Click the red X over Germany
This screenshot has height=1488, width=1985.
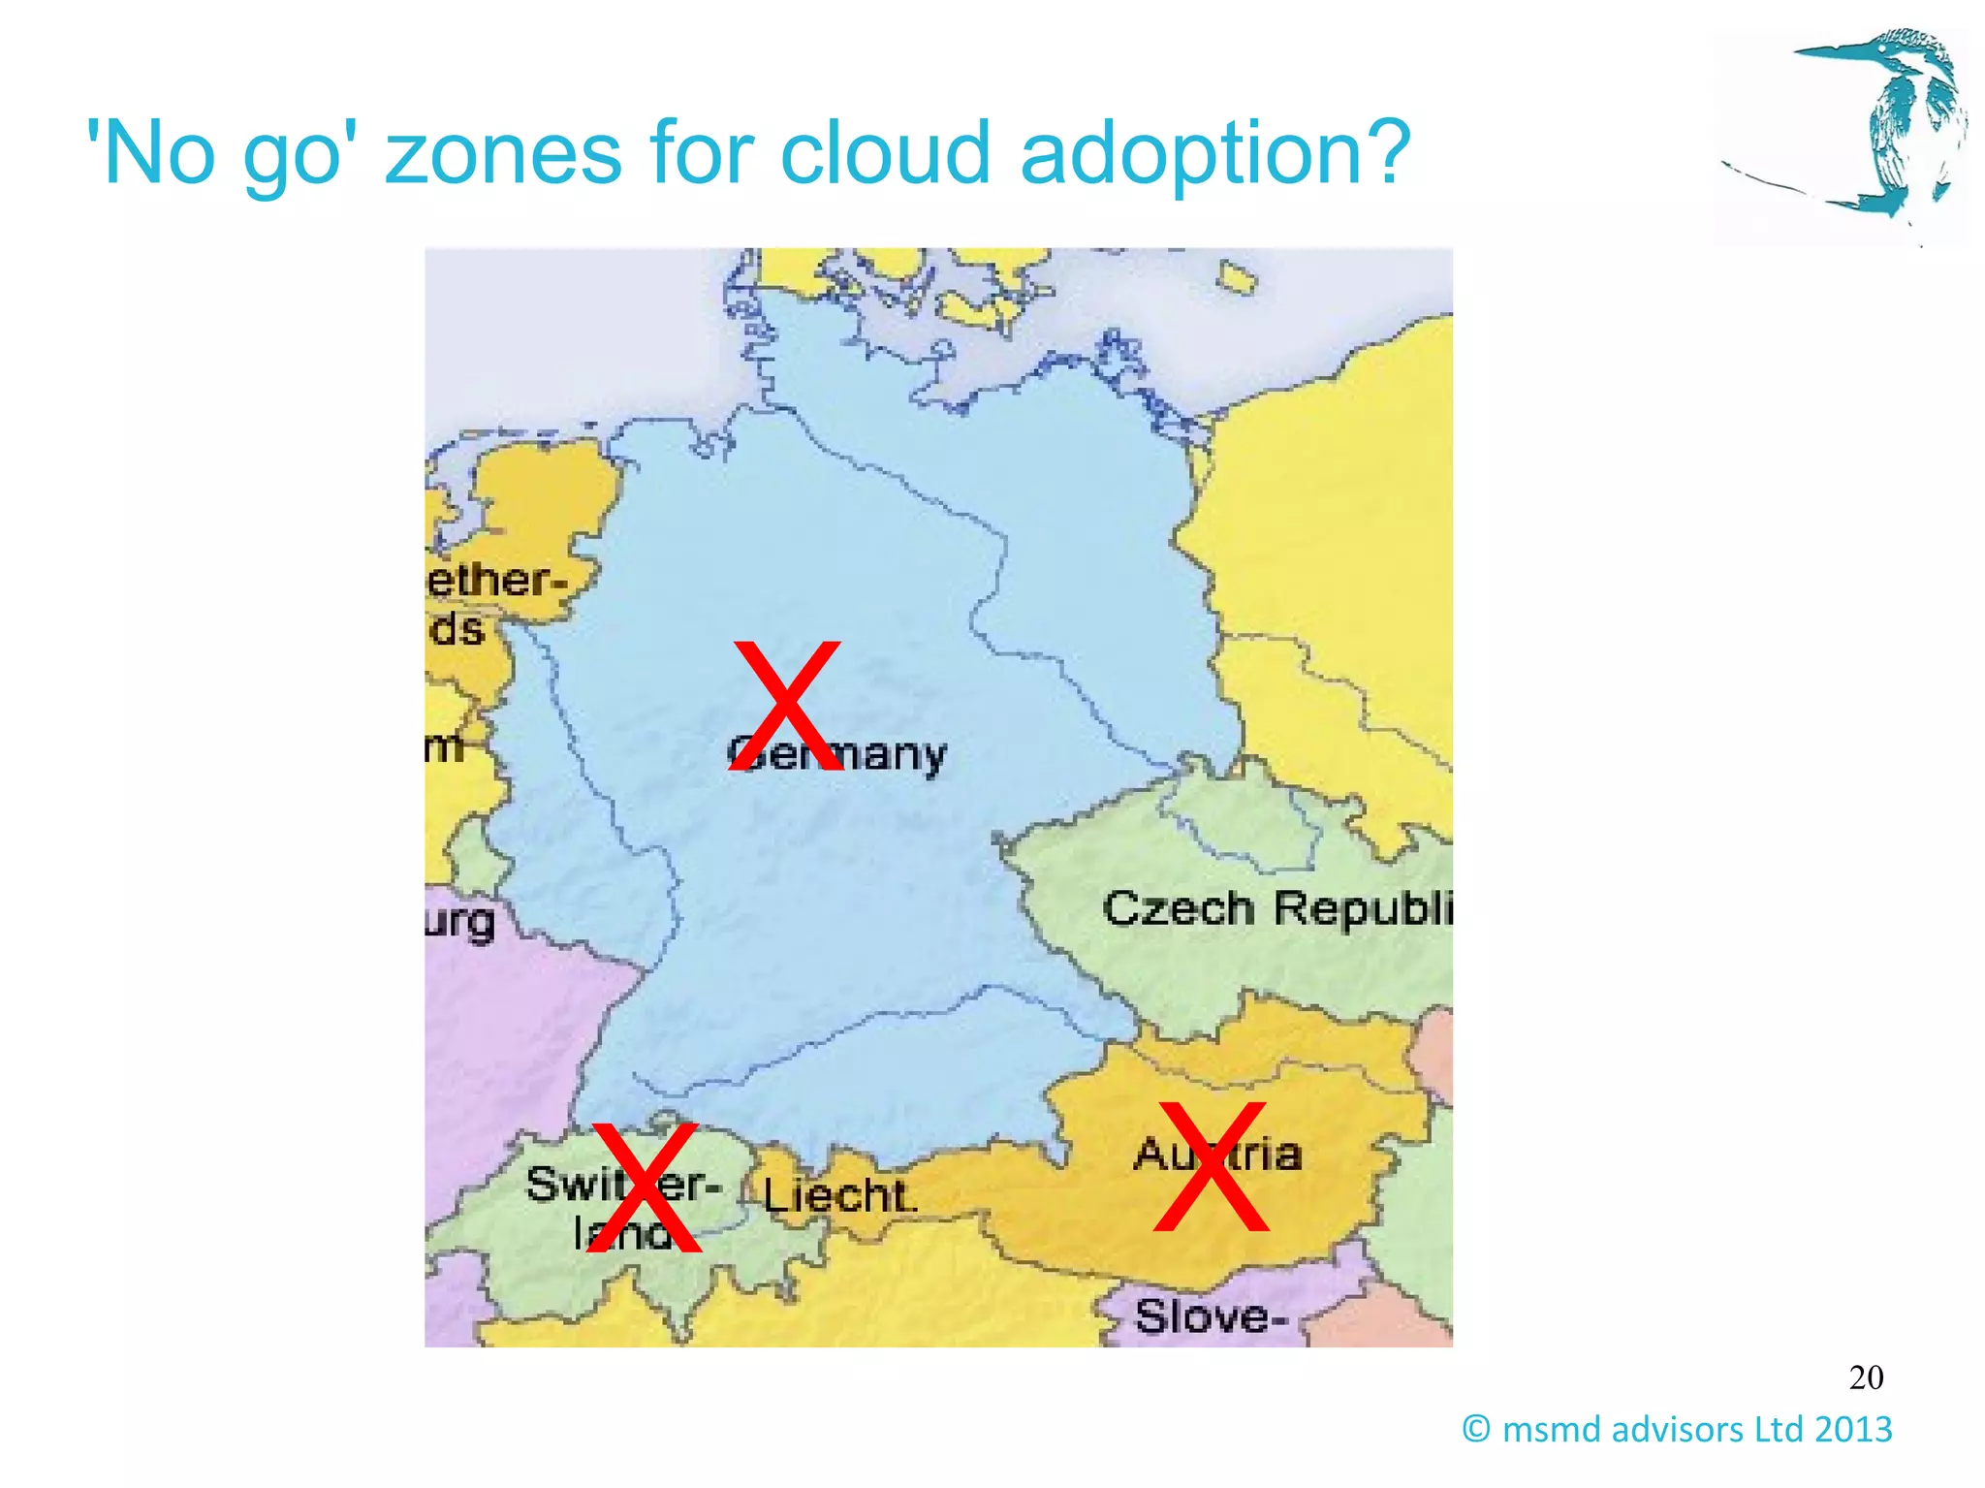coord(785,705)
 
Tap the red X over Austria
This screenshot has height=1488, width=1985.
coord(1212,1166)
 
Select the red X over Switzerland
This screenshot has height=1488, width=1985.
coord(645,1187)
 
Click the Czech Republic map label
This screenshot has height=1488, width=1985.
coord(1277,909)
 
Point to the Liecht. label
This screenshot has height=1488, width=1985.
coord(838,1196)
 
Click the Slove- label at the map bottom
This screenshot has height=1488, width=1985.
coord(1211,1316)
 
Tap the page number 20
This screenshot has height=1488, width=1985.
coord(1866,1377)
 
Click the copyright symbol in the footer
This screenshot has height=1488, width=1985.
coord(1476,1429)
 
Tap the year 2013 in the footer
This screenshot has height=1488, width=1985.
coord(1853,1429)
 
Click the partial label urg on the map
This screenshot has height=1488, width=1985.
coord(460,922)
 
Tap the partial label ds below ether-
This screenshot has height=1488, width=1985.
coord(456,629)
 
